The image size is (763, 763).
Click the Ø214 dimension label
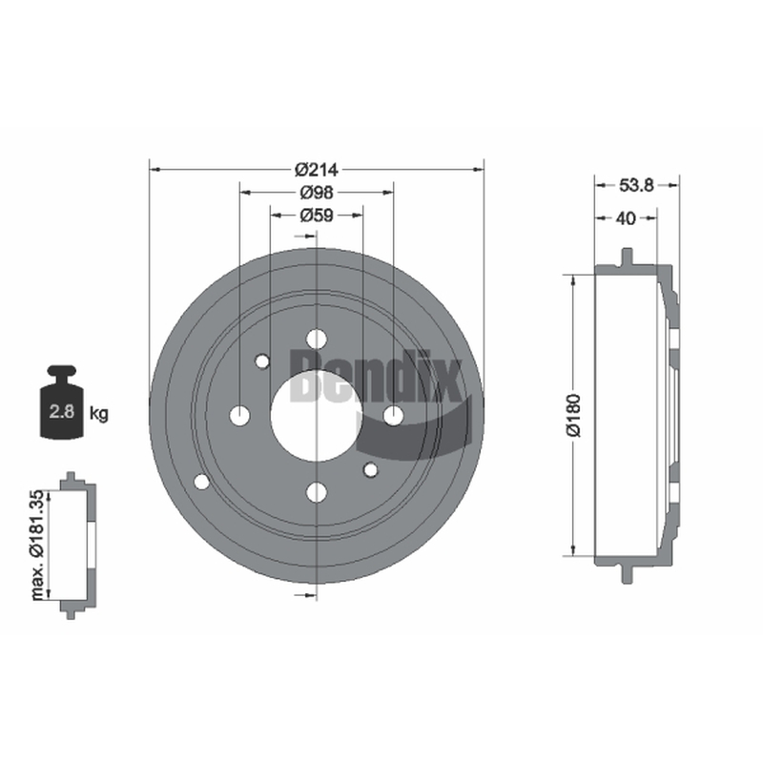tap(317, 170)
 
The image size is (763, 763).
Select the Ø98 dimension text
tap(317, 193)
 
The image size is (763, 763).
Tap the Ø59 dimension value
tap(317, 216)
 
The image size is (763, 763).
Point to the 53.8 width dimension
tap(636, 185)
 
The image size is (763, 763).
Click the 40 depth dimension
tap(626, 218)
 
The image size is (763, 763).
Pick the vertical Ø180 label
tap(574, 415)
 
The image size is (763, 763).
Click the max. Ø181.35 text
tap(37, 545)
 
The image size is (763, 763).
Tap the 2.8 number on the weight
tap(62, 412)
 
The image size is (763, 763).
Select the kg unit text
tap(99, 414)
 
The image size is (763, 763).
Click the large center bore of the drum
tap(317, 415)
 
